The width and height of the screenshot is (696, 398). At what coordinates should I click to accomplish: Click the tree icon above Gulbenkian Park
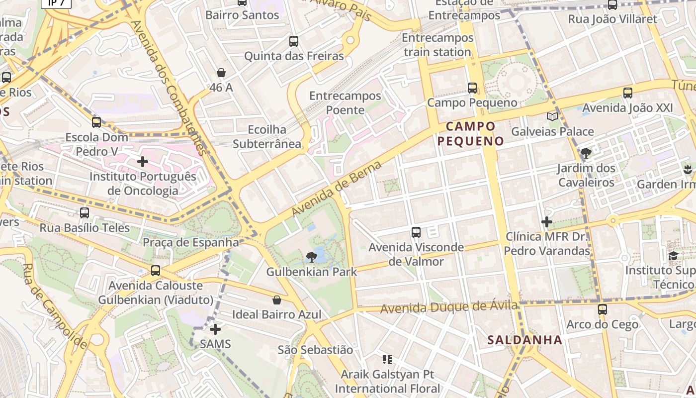[x=312, y=257]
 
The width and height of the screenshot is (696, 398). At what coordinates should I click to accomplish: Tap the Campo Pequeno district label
[x=470, y=133]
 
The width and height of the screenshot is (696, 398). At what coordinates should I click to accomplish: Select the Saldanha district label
[x=524, y=340]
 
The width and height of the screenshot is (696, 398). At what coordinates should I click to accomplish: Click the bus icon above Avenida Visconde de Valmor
[x=416, y=232]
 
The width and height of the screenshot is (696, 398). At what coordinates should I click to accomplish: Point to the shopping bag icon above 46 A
[x=221, y=73]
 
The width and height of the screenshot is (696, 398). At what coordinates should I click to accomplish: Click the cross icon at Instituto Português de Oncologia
[x=143, y=161]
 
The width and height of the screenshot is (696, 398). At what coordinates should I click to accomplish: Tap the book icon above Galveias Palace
[x=552, y=116]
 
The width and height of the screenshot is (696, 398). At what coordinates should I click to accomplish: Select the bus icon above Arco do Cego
[x=603, y=309]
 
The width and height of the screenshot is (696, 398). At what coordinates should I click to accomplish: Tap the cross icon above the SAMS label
[x=215, y=329]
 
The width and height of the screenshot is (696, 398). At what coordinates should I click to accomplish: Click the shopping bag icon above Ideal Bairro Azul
[x=277, y=300]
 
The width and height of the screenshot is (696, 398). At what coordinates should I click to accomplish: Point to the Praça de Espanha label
[x=191, y=242]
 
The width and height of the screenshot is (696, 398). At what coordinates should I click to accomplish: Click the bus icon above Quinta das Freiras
[x=294, y=41]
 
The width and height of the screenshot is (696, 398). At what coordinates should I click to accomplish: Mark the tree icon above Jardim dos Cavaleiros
[x=586, y=153]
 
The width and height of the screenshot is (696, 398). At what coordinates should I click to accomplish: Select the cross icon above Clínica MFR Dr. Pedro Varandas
[x=547, y=221]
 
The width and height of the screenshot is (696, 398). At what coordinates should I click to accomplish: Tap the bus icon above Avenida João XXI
[x=628, y=93]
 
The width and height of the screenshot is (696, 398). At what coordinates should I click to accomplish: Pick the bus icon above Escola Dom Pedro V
[x=96, y=122]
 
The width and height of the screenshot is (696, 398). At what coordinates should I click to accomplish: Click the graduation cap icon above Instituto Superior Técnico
[x=673, y=256]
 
